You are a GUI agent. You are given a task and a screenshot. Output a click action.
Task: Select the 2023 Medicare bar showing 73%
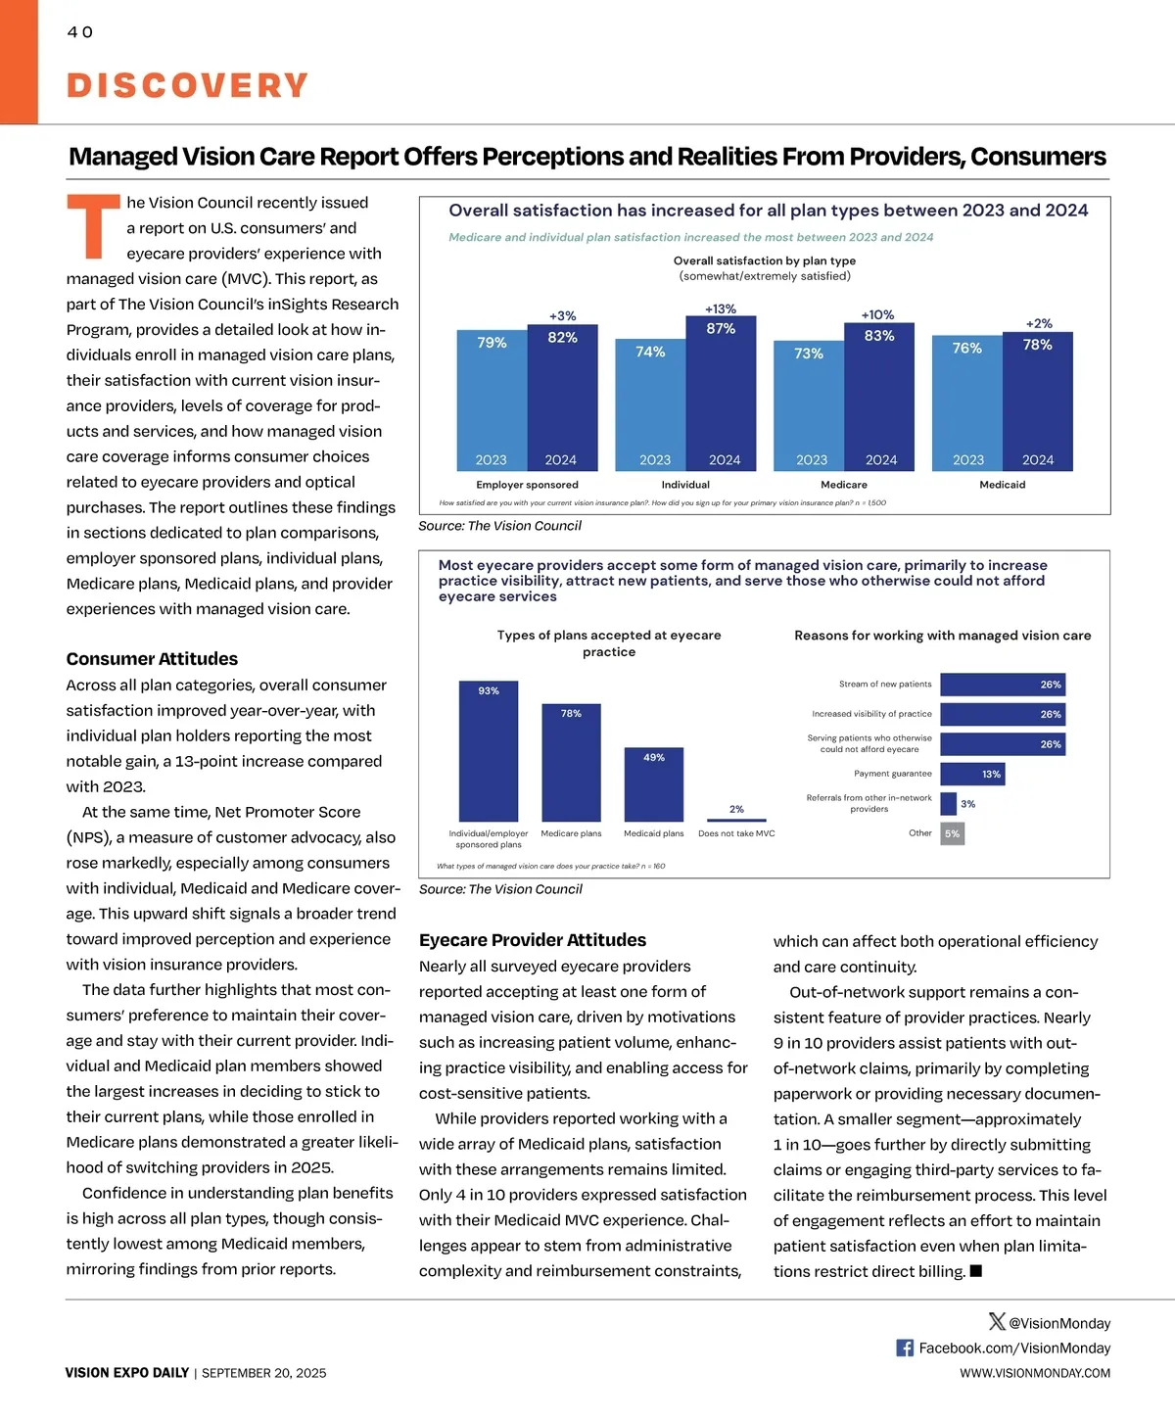point(809,405)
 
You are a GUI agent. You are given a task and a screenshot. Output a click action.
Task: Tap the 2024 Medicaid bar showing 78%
point(1038,402)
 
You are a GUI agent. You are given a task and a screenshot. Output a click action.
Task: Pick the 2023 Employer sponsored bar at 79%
point(492,400)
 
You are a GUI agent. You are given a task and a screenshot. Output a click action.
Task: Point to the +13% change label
point(721,309)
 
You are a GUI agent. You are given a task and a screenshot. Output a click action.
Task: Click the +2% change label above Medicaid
point(1039,323)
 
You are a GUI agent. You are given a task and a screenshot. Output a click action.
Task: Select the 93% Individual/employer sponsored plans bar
point(489,751)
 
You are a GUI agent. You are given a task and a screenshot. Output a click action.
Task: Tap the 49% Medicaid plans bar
point(654,784)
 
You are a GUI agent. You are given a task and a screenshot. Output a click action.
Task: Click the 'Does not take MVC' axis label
point(736,834)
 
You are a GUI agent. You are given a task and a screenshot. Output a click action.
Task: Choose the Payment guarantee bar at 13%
point(972,775)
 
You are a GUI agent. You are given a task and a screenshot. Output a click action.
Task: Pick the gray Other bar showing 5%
point(953,834)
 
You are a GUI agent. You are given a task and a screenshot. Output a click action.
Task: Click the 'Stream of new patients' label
point(885,685)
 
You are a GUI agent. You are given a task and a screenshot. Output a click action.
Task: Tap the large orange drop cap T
point(93,227)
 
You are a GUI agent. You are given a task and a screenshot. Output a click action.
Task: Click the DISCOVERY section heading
point(187,85)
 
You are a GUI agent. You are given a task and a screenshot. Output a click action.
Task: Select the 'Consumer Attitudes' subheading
point(152,659)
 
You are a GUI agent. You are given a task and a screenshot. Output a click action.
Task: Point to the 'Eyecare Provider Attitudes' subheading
point(533,940)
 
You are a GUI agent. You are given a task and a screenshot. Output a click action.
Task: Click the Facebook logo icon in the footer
point(905,1349)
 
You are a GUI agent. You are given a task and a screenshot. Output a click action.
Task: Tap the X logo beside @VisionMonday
point(997,1322)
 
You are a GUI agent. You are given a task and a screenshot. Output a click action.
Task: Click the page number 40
point(80,32)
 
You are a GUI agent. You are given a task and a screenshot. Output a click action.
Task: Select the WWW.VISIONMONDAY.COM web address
point(1035,1373)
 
